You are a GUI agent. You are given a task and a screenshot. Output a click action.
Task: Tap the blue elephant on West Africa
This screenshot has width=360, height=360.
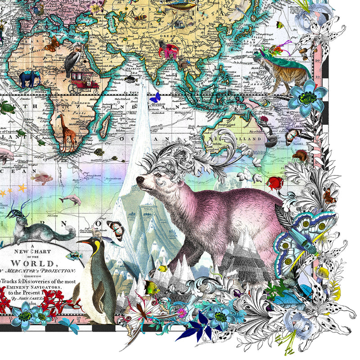30,78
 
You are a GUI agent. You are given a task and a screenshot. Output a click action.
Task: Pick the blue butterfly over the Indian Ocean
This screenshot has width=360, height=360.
155,97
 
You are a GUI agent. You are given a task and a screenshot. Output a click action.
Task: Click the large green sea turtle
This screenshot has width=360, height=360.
7,108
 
